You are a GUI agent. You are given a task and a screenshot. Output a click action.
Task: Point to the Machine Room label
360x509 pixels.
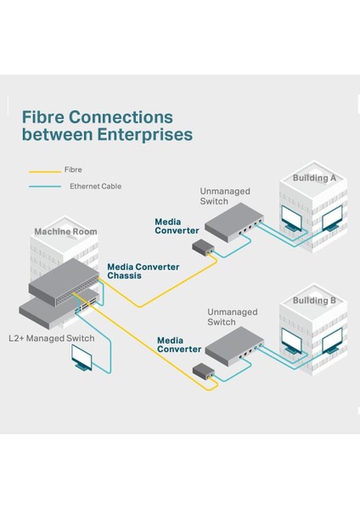click(x=65, y=232)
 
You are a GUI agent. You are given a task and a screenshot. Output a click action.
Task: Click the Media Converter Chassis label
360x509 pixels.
click(x=143, y=271)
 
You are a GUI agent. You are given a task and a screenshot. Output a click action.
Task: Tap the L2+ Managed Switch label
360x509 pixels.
click(x=51, y=338)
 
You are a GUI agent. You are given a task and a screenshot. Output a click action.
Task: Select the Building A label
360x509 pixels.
click(x=314, y=178)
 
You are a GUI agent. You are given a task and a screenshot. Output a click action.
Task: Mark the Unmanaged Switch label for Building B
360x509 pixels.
click(x=232, y=317)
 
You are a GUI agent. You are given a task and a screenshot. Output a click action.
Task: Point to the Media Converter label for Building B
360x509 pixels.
click(x=180, y=344)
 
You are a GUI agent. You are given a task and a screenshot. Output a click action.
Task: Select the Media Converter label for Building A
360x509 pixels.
click(x=177, y=226)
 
